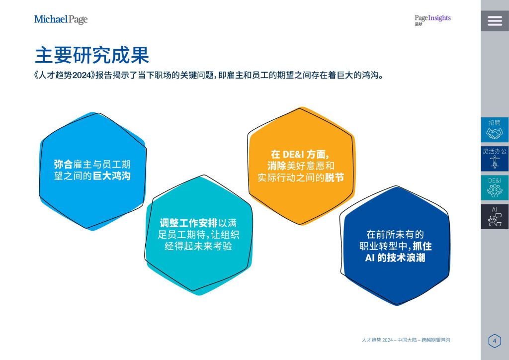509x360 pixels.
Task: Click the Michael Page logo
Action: [61, 19]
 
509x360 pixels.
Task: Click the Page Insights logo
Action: [432, 19]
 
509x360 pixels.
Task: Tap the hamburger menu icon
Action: [495, 21]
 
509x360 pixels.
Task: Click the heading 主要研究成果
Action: [92, 55]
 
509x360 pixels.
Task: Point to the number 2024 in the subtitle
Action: [81, 75]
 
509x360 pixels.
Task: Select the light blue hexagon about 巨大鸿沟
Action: [92, 171]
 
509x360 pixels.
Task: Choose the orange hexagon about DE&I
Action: [301, 166]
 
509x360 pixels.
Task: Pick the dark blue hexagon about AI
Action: [395, 246]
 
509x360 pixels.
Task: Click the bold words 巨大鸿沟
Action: [112, 176]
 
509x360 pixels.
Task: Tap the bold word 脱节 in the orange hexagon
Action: [335, 178]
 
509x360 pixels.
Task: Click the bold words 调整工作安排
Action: [188, 223]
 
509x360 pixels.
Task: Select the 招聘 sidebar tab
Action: [495, 130]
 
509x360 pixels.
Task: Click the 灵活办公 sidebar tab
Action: [495, 159]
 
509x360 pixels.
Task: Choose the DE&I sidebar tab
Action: [495, 187]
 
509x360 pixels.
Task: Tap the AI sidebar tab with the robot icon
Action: [495, 217]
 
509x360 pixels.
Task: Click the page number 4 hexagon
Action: [495, 341]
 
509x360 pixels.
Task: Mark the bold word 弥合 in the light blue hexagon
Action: [63, 164]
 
